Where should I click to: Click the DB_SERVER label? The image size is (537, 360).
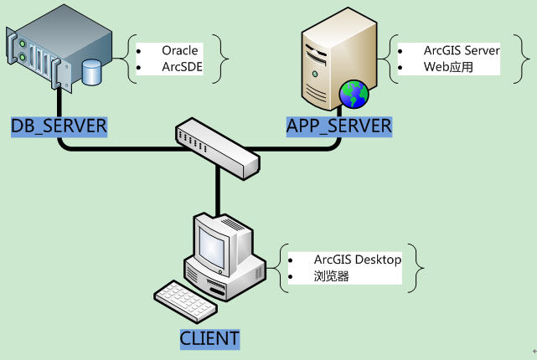pyautogui.click(x=59, y=126)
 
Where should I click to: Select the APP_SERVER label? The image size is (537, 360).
pyautogui.click(x=339, y=126)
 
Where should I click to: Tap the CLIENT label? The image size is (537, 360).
pyautogui.click(x=209, y=339)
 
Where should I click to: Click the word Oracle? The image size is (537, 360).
pyautogui.click(x=180, y=50)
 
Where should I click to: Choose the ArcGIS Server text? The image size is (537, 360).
pyautogui.click(x=461, y=50)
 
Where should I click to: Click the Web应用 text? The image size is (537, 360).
pyautogui.click(x=448, y=67)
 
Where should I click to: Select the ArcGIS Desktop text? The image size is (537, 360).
pyautogui.click(x=358, y=260)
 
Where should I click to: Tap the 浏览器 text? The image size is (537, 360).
pyautogui.click(x=331, y=275)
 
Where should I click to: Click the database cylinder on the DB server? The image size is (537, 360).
pyautogui.click(x=91, y=72)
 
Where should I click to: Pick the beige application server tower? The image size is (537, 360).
pyautogui.click(x=331, y=59)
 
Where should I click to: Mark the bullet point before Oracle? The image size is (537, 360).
pyautogui.click(x=139, y=50)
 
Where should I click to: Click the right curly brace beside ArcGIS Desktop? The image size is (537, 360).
pyautogui.click(x=420, y=267)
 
